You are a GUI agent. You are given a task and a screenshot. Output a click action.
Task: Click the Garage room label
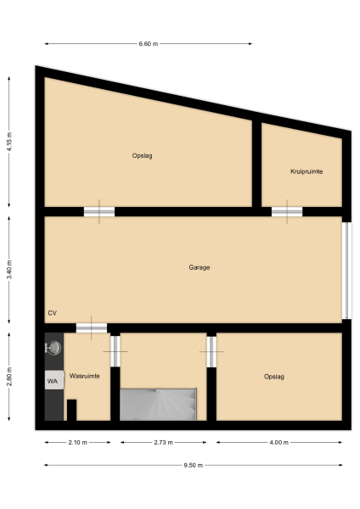coord(199,267)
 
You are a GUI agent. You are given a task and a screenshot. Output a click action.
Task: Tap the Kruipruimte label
coord(306,171)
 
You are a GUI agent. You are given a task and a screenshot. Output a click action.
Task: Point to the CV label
coord(53,313)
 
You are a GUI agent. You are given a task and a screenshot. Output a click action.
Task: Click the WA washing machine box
coord(53,381)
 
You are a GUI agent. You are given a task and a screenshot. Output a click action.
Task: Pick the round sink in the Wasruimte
coord(54,347)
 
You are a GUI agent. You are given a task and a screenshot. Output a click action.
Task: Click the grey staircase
coord(159,404)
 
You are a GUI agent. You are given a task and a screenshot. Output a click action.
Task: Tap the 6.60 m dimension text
coord(149,43)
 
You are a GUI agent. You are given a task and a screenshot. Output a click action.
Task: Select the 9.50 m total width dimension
coord(194,465)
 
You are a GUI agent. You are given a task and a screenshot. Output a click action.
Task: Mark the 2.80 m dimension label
coord(9,375)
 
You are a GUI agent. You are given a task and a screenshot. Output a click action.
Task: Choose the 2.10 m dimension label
coord(77,443)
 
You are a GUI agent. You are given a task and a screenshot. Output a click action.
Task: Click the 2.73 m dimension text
coord(163,443)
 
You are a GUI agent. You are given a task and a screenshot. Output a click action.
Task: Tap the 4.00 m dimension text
coord(279,443)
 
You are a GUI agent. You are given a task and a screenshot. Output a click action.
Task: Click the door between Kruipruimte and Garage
coord(286,211)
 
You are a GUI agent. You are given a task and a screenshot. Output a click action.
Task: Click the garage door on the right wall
coord(346,271)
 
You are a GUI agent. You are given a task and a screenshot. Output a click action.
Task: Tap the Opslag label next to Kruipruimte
coord(142,155)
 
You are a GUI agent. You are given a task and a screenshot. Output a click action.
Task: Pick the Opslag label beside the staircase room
coord(273,376)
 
